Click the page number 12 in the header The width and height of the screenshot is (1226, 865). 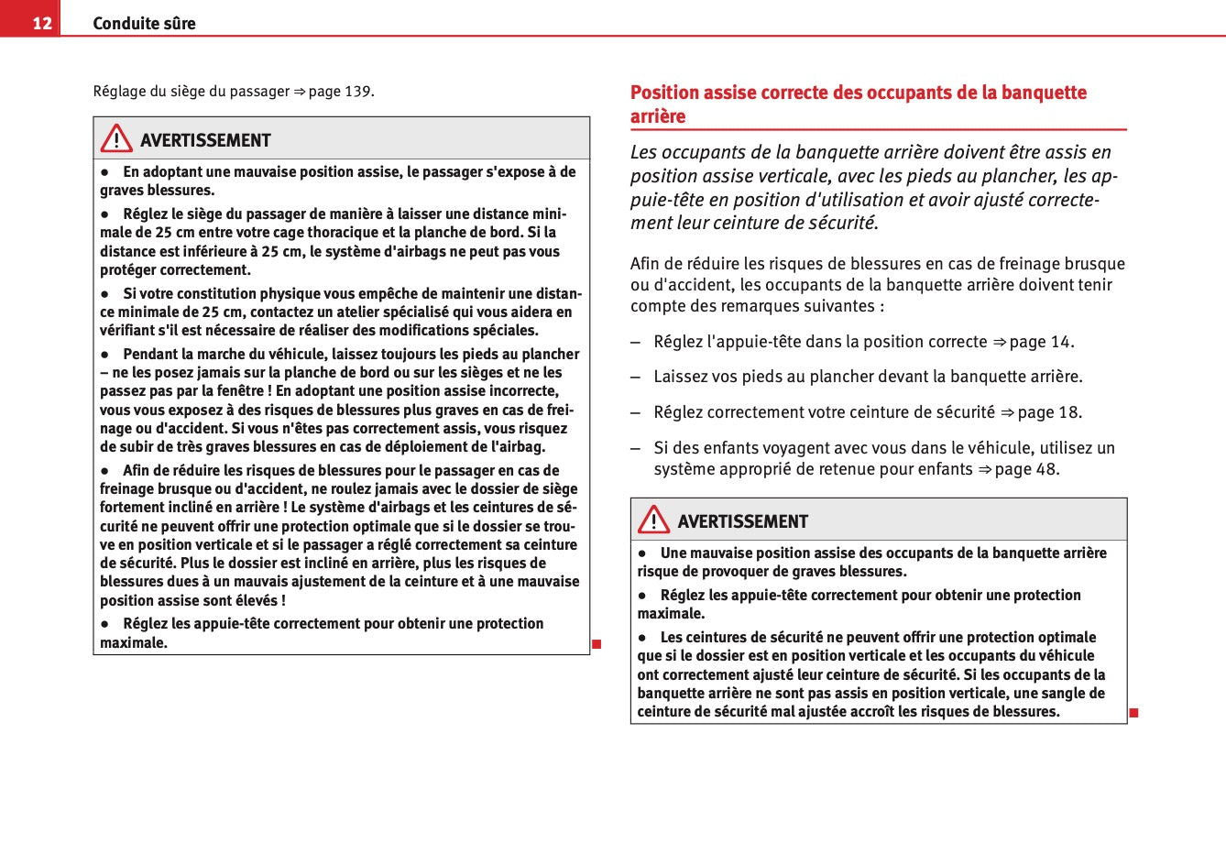pos(42,23)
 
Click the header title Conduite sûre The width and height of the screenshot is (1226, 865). pos(144,23)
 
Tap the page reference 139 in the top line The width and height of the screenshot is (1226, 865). pos(357,92)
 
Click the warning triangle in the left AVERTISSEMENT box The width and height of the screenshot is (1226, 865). pos(116,139)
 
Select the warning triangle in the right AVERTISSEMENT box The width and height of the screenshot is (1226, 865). pos(653,520)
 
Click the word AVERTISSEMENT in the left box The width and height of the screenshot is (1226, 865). pos(205,140)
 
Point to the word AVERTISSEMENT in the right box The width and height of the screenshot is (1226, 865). pos(742,521)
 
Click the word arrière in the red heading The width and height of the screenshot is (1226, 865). pos(658,116)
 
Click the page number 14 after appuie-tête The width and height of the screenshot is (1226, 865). pos(1060,342)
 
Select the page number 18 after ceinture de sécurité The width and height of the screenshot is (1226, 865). pos(1069,412)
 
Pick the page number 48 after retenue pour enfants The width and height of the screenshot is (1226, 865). pos(1046,469)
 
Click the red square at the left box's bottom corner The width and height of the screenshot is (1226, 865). pos(596,644)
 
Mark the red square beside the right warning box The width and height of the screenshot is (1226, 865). pos(1133,713)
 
